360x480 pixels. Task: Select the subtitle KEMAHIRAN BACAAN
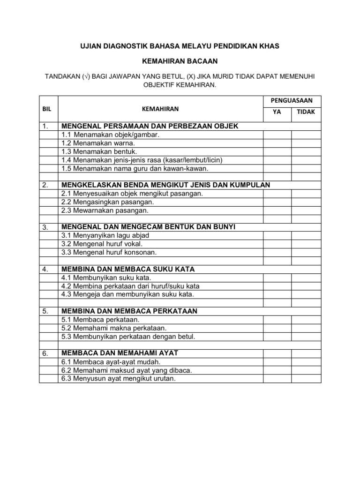pyautogui.click(x=180, y=61)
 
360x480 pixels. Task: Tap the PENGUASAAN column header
pyautogui.click(x=292, y=100)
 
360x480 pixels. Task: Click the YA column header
pyautogui.click(x=277, y=112)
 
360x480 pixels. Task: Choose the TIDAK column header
pyautogui.click(x=306, y=112)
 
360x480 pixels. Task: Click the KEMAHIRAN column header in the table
pyautogui.click(x=160, y=108)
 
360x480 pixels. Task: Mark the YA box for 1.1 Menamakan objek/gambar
pyautogui.click(x=277, y=135)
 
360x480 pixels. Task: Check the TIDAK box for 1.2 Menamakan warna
pyautogui.click(x=306, y=143)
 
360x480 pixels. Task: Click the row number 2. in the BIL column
pyautogui.click(x=45, y=185)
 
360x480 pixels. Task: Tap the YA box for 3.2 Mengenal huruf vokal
pyautogui.click(x=277, y=244)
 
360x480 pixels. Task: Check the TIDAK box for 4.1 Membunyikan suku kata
pyautogui.click(x=306, y=277)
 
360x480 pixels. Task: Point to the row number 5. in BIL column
pyautogui.click(x=45, y=311)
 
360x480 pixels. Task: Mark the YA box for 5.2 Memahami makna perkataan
pyautogui.click(x=277, y=328)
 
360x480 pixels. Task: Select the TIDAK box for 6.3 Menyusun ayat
pyautogui.click(x=306, y=378)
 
